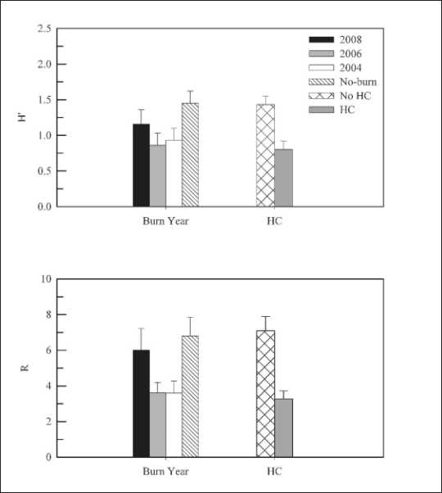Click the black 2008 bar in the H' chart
pos(141,165)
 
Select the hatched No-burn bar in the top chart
pos(190,155)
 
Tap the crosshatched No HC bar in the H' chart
pos(265,156)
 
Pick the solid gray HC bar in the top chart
pos(284,178)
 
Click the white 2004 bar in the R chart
pos(174,425)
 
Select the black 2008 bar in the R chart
pos(141,404)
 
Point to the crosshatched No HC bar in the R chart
pos(265,394)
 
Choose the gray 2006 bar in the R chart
pos(158,425)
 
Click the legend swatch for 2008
pos(321,39)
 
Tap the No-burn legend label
pos(359,82)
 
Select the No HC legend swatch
pos(321,96)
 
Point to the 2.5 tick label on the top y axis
pos(44,29)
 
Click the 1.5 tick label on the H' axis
pos(44,100)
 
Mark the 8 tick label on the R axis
pos(48,314)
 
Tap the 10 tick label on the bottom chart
pos(46,279)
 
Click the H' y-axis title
pos(23,117)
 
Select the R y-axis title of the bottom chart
pos(25,368)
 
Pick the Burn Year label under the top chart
pos(165,221)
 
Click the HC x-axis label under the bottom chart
pos(274,471)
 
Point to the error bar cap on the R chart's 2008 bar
pos(141,328)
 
